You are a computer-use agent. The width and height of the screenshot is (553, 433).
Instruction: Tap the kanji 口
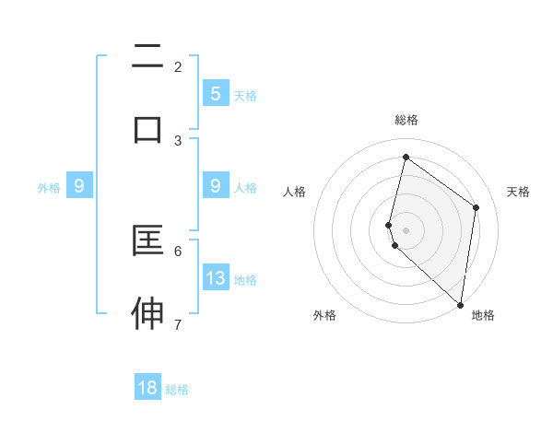[x=147, y=129]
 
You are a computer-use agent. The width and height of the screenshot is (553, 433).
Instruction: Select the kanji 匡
[x=147, y=241]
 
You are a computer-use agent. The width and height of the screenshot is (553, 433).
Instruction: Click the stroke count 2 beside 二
[x=178, y=66]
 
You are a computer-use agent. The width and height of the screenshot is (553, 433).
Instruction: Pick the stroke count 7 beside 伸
[x=178, y=324]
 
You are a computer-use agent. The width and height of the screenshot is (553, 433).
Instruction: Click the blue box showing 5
[x=215, y=93]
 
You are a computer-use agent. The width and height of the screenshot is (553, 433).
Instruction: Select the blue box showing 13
[x=215, y=277]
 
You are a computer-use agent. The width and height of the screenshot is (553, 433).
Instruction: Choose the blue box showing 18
[x=147, y=388]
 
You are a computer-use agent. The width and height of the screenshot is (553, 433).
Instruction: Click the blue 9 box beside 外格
[x=79, y=186]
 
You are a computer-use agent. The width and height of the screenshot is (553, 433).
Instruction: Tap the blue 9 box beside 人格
[x=215, y=186]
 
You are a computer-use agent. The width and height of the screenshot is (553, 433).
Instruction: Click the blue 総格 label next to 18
[x=177, y=390]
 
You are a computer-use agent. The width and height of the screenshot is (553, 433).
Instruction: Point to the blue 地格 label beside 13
[x=245, y=279]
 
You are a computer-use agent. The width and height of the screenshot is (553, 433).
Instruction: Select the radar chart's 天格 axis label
[x=518, y=192]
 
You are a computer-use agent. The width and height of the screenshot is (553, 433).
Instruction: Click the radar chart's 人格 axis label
[x=294, y=192]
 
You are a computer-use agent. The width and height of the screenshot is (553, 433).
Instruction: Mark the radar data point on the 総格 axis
[x=406, y=158]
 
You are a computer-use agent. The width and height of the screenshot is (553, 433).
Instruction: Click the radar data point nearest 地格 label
[x=460, y=304]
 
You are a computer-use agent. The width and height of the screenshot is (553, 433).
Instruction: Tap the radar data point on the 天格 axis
[x=477, y=207]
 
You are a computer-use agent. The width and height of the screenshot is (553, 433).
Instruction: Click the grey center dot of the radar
[x=406, y=229]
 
